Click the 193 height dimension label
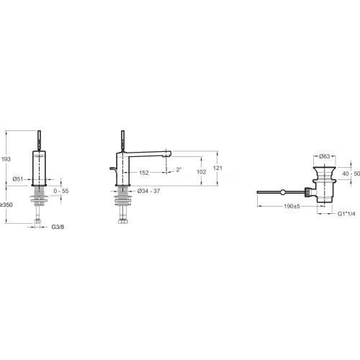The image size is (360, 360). click(6, 159)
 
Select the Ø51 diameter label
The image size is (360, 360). click(18, 179)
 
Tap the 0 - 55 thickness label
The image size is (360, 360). click(61, 191)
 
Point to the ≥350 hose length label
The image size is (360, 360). click(6, 204)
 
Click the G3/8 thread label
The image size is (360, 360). click(58, 227)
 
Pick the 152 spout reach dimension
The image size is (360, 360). click(144, 173)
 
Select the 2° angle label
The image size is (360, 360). click(179, 170)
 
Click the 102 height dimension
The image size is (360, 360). click(202, 172)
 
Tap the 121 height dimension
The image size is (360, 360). click(217, 168)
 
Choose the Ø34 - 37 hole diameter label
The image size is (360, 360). click(149, 191)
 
